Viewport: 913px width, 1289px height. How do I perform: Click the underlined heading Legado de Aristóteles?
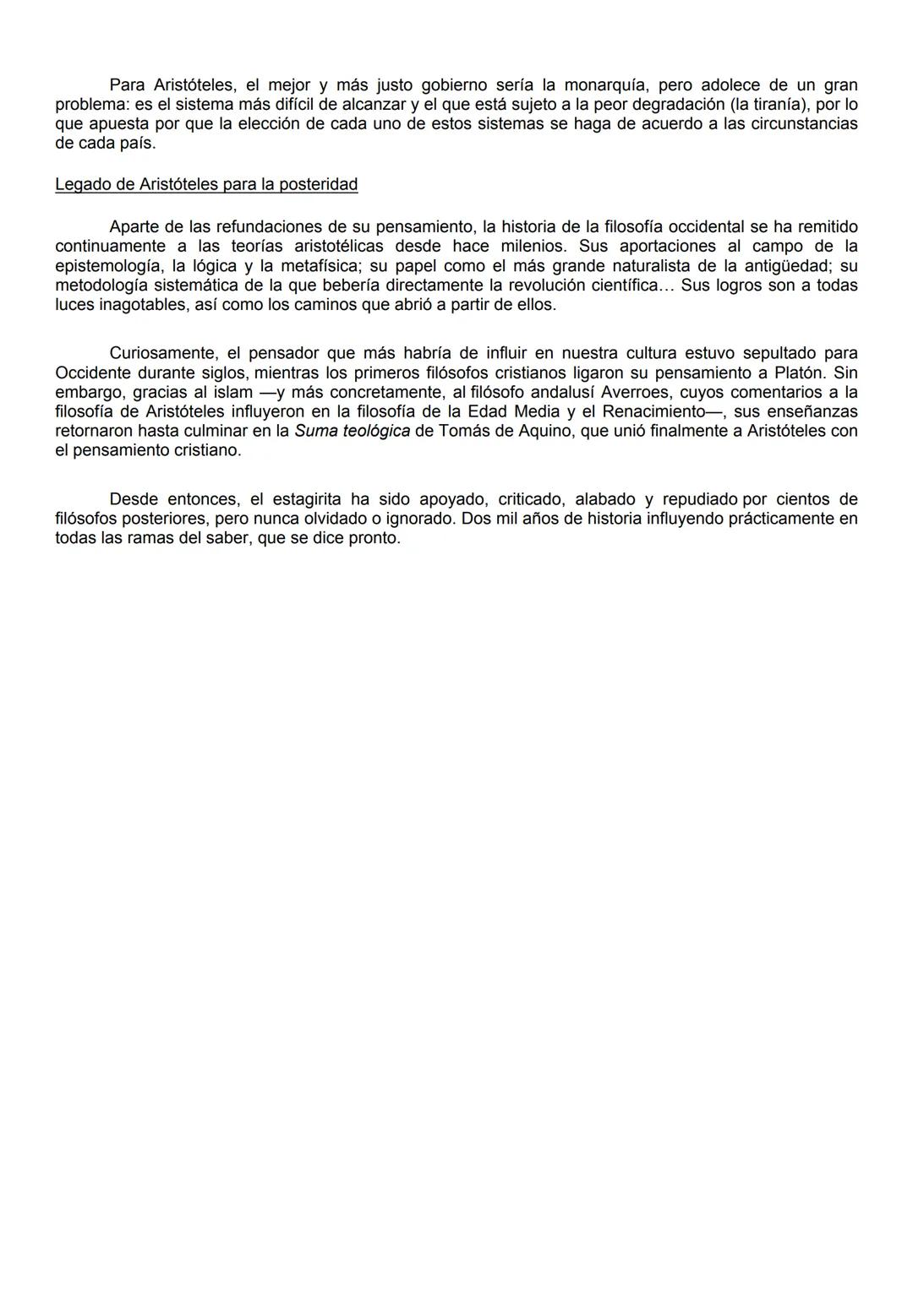coord(206,184)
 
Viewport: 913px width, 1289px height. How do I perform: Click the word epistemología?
coord(107,266)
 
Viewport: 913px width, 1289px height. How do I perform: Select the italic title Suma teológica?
coord(352,431)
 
